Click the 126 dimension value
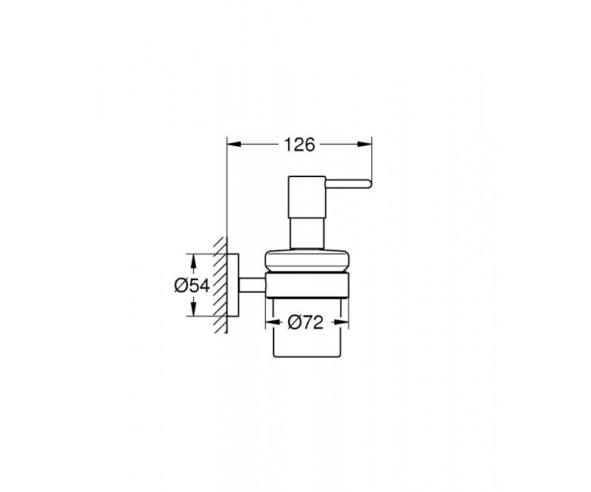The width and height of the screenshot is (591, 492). (299, 145)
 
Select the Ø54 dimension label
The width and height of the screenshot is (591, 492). (192, 285)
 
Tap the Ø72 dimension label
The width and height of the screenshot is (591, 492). (305, 322)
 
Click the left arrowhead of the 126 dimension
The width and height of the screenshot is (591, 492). (233, 144)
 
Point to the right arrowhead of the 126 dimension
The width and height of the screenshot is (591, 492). (364, 144)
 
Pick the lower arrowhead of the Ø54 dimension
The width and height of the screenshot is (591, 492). (193, 309)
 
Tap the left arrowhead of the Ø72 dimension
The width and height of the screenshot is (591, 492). (273, 322)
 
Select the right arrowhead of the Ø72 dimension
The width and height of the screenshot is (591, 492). (341, 322)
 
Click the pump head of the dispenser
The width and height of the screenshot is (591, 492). (307, 197)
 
